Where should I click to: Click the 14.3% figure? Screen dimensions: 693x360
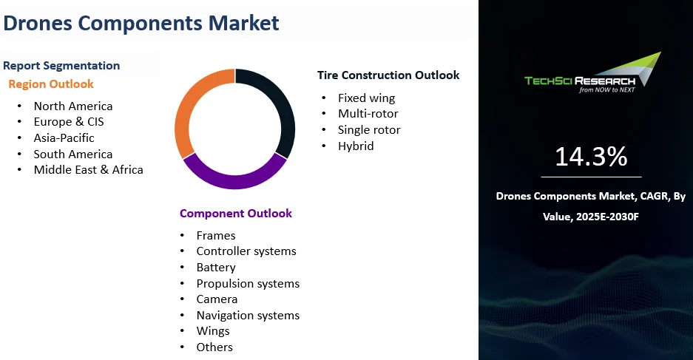[x=591, y=157]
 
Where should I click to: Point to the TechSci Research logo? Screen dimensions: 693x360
[x=592, y=73]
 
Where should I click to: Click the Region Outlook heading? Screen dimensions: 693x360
[x=51, y=84]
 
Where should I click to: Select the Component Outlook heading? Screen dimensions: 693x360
[x=236, y=214]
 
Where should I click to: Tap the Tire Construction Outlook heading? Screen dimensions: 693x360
[x=388, y=75]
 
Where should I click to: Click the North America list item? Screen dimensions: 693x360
[x=73, y=106]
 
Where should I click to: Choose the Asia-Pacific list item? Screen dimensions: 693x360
[x=64, y=137]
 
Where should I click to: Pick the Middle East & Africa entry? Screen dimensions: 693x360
[x=89, y=169]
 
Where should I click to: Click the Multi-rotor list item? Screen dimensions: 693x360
[x=368, y=114]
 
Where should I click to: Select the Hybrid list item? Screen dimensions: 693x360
[x=356, y=146]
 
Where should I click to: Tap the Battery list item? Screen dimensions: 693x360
[x=216, y=268]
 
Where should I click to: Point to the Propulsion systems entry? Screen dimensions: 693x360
[x=248, y=284]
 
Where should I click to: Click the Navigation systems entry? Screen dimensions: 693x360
[x=248, y=316]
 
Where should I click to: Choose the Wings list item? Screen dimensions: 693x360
[x=213, y=331]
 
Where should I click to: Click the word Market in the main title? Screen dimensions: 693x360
[x=243, y=22]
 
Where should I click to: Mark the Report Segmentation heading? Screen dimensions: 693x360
[x=61, y=65]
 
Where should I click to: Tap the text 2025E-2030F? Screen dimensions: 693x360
[x=607, y=217]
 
